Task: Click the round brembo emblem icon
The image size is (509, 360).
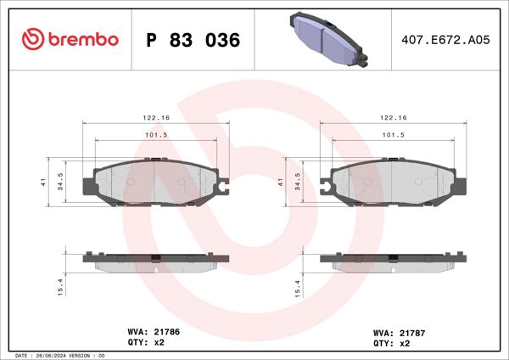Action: tap(31, 39)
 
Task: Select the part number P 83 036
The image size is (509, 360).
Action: tap(193, 40)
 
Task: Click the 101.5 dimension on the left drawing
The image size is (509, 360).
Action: tap(154, 134)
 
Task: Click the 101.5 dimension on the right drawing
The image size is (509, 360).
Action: tap(393, 134)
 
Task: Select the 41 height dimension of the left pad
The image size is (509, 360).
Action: tap(42, 182)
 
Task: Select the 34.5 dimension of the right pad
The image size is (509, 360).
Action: tap(298, 182)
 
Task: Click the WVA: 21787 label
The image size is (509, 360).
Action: tap(392, 333)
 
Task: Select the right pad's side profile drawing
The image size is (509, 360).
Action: tap(393, 261)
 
